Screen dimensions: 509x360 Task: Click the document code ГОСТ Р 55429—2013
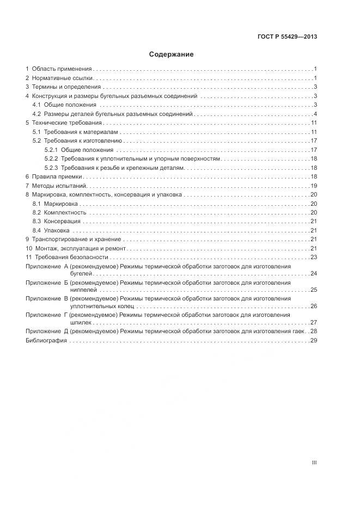(x=287, y=37)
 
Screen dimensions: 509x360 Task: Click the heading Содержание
(x=171, y=54)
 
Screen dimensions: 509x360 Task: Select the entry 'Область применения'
(x=61, y=69)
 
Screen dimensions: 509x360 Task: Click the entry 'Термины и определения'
(x=66, y=87)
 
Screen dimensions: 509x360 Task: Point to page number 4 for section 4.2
(x=315, y=114)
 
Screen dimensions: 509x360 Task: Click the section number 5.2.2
(x=51, y=158)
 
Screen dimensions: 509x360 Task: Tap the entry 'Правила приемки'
(x=57, y=176)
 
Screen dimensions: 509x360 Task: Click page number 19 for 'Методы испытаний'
(x=314, y=186)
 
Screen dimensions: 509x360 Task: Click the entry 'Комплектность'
(x=65, y=212)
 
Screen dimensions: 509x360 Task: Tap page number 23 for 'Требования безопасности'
(x=314, y=257)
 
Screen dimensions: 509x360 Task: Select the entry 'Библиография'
(x=46, y=340)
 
